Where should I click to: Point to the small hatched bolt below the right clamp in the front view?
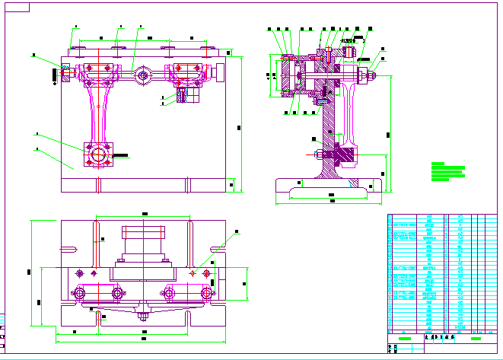click(x=183, y=96)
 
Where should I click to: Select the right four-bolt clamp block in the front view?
click(x=186, y=73)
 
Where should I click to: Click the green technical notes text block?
click(x=447, y=171)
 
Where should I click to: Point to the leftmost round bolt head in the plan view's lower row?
click(x=80, y=292)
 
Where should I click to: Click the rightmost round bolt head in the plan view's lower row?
click(x=206, y=292)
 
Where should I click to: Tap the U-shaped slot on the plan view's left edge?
click(x=69, y=247)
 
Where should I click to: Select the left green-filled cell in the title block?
click(x=405, y=338)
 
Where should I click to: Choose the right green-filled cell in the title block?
click(x=476, y=338)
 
